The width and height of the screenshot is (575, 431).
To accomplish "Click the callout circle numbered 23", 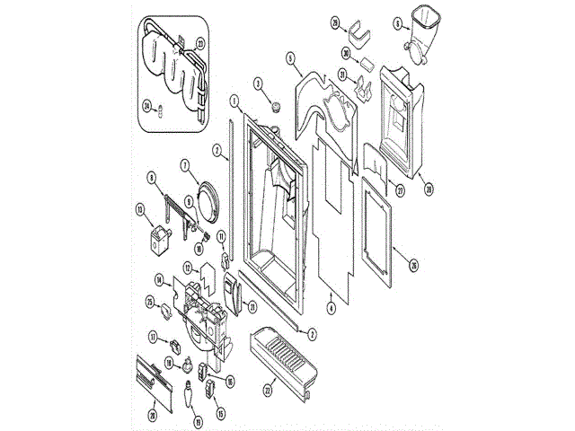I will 199,42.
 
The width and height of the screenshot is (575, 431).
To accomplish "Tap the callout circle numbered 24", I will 147,104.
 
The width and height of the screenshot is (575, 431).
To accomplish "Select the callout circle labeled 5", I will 291,58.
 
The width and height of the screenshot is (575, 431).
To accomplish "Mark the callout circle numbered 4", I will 332,308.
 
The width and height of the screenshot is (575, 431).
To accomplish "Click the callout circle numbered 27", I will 401,189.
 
